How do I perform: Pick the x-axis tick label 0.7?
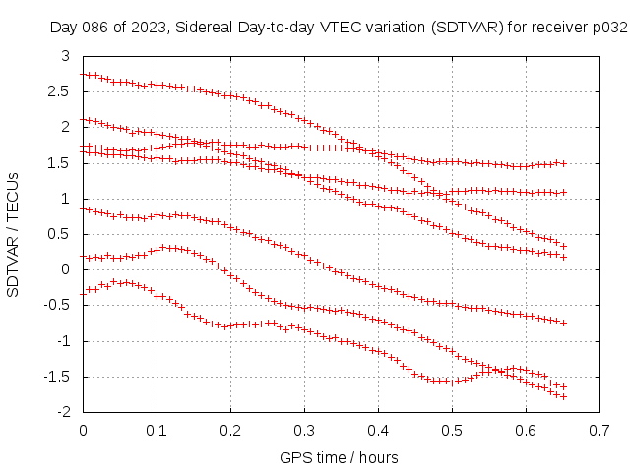pos(599,431)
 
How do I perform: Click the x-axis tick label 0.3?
pos(304,431)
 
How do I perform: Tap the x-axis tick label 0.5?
pos(452,431)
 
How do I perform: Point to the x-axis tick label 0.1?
pos(157,431)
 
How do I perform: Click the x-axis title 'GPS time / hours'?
pos(340,457)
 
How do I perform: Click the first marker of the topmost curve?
pos(84,75)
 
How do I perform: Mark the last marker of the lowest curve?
pos(563,396)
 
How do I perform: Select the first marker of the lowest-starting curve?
pos(84,291)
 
